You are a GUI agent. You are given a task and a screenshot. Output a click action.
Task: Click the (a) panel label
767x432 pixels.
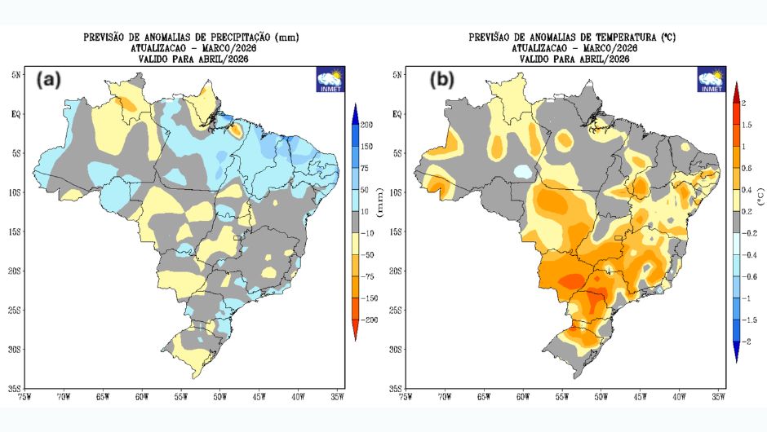click(x=48, y=80)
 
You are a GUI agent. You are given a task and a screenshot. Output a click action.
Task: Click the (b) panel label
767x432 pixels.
click(x=441, y=80)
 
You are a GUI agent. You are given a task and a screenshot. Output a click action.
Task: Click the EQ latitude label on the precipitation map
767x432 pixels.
click(x=14, y=114)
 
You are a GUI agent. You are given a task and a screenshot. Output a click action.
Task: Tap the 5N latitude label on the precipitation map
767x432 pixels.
click(x=15, y=75)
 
